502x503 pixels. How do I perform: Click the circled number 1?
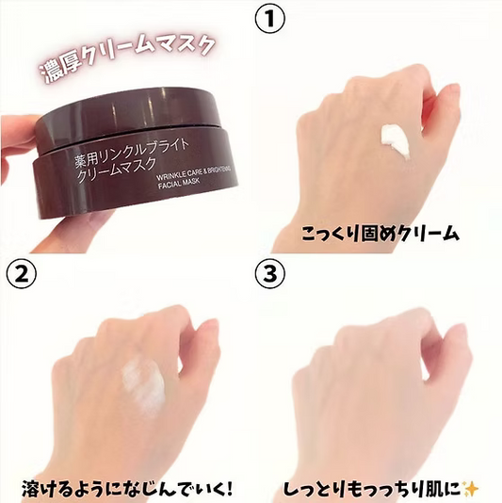tap(269, 19)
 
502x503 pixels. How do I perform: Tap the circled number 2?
tap(22, 275)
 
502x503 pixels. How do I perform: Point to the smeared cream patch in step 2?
tap(144, 385)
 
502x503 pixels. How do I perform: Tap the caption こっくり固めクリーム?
tap(381, 234)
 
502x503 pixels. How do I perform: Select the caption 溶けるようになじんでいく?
tap(127, 489)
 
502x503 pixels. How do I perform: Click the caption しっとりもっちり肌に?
tap(373, 489)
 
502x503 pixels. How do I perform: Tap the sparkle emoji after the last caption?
tap(471, 490)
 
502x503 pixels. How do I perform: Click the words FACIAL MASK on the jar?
tap(179, 184)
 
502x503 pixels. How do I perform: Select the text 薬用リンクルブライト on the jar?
tap(132, 153)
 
